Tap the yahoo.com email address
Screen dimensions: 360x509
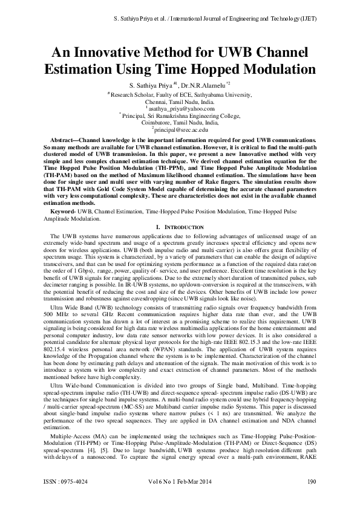[181, 109]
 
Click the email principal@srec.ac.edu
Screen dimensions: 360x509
[181, 129]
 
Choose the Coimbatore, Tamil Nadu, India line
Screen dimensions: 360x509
[180, 122]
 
